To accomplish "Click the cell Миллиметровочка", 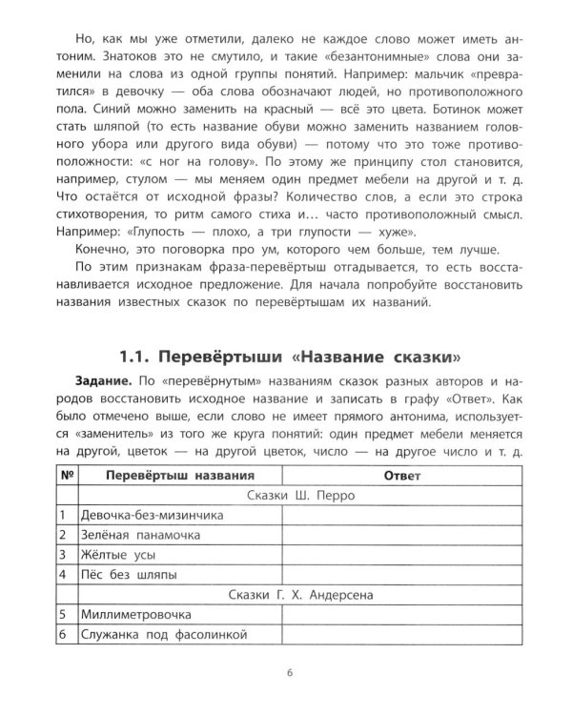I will (137, 614).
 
